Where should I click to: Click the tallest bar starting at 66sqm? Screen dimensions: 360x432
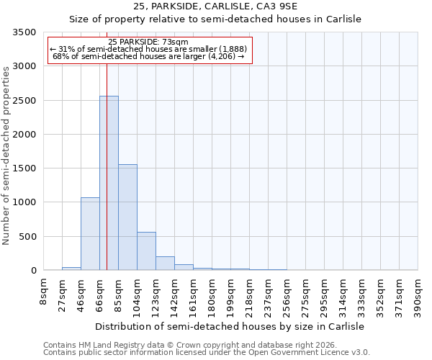click(x=109, y=183)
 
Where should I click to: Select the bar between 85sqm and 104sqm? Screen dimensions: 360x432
click(x=127, y=217)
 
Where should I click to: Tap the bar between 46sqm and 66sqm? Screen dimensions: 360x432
click(x=90, y=233)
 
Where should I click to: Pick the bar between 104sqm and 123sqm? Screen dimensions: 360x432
click(x=146, y=251)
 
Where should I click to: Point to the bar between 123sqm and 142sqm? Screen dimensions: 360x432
click(x=165, y=263)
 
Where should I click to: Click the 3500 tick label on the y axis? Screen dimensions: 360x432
click(x=24, y=32)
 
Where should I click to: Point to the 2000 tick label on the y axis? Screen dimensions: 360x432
click(x=24, y=135)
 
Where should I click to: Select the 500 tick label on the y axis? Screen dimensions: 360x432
click(x=27, y=237)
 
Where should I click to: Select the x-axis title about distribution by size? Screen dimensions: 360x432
click(x=230, y=326)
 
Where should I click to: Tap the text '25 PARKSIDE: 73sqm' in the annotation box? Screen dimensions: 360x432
click(x=149, y=42)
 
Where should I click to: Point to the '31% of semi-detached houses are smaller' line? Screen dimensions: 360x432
click(x=149, y=49)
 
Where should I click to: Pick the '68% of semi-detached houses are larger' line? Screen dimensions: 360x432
click(x=149, y=56)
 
